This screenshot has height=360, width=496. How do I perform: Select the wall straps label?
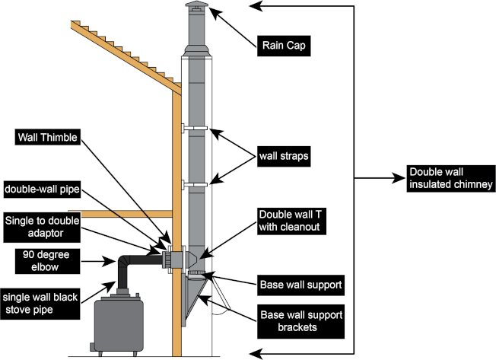point(283,158)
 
